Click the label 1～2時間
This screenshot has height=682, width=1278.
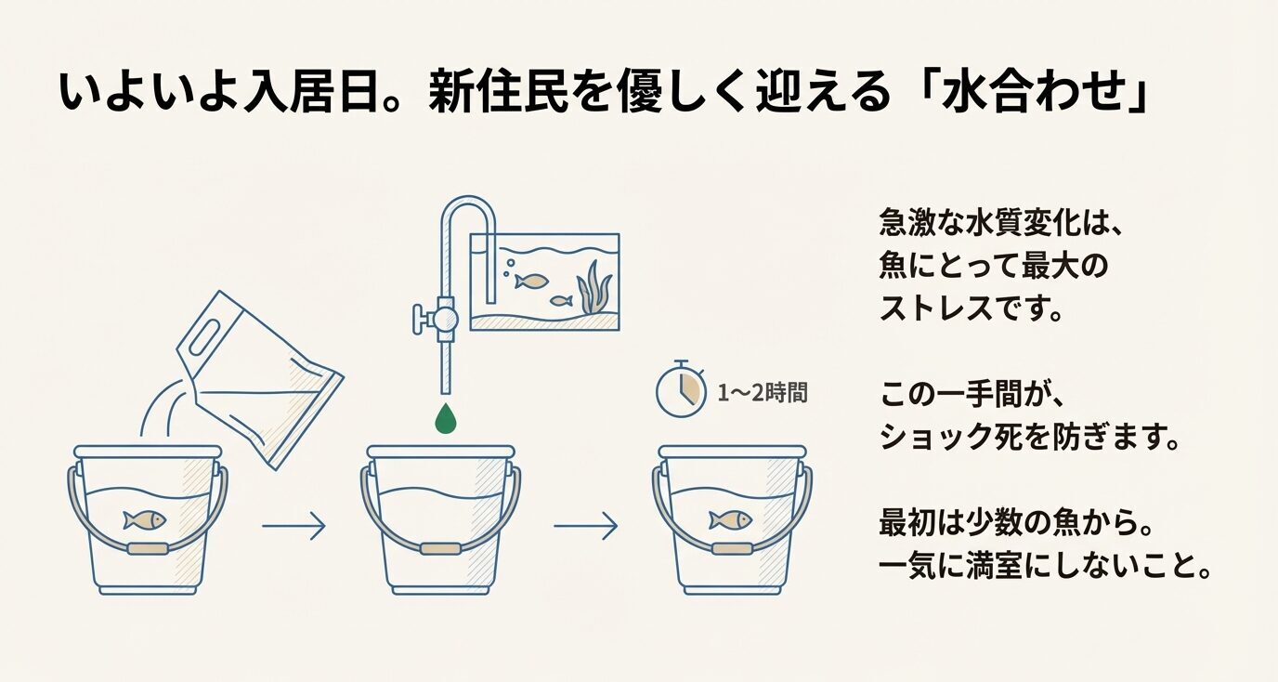762,392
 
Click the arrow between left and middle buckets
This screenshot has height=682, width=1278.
293,528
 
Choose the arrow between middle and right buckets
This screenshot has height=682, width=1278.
585,528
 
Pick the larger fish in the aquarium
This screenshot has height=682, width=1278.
531,280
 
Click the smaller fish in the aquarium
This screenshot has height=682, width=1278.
560,300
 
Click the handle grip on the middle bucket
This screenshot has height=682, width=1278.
439,548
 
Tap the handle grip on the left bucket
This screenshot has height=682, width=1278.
148,548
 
